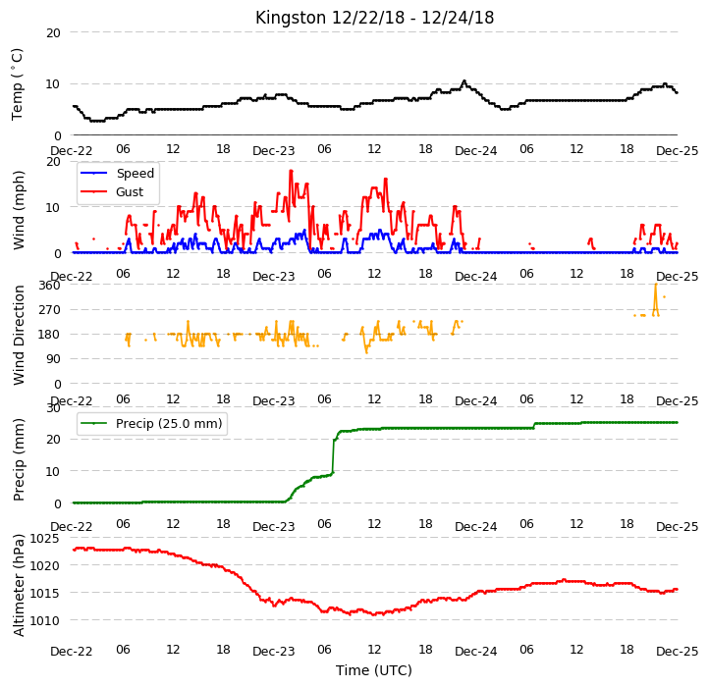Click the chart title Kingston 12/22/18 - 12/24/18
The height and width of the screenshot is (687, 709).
point(374,18)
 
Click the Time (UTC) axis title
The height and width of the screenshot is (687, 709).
point(374,669)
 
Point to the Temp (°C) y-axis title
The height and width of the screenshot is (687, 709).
point(17,84)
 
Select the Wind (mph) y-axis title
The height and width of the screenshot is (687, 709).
point(18,210)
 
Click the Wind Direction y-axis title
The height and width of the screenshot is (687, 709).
point(18,335)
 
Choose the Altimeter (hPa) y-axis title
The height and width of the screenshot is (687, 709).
point(18,585)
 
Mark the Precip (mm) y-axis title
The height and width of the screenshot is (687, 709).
point(18,459)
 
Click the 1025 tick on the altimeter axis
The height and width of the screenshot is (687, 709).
point(44,538)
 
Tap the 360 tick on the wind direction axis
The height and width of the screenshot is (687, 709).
point(49,286)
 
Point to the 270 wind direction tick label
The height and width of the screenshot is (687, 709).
point(49,309)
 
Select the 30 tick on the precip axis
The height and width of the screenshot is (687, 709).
point(53,407)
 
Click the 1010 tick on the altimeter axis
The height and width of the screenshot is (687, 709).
point(44,620)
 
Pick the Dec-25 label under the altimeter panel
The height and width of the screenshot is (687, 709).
point(677,652)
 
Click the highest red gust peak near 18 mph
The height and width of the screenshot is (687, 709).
point(291,171)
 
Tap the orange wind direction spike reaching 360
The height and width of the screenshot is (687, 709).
point(656,285)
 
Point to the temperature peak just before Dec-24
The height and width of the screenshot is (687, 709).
point(464,81)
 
